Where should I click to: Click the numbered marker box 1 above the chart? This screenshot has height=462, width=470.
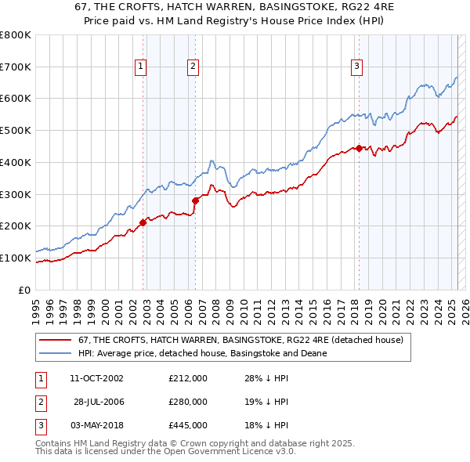point(140,67)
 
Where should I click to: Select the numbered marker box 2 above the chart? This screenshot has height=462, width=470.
point(192,67)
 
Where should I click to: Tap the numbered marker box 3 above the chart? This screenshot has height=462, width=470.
point(356,67)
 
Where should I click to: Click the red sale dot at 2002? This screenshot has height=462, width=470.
point(143,222)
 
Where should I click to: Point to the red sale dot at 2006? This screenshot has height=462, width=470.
point(196,200)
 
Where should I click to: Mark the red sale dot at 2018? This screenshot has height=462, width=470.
point(359,148)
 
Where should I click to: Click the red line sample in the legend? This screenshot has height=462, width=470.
point(55,340)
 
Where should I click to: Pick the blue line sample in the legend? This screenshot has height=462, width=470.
point(55,353)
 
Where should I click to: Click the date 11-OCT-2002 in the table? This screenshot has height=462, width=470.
point(96,378)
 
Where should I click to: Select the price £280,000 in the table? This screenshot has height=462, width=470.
point(188,402)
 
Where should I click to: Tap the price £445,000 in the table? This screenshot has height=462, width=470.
point(188,425)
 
